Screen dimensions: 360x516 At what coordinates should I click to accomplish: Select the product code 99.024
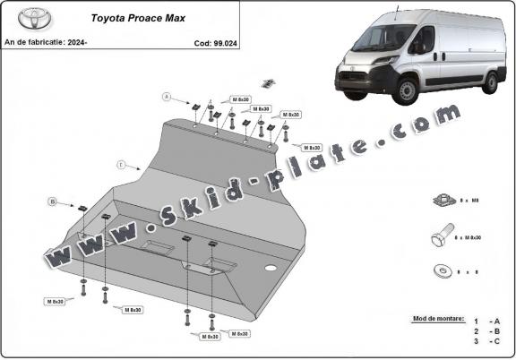(x=213, y=42)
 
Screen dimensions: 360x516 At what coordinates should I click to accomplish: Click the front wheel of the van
(x=408, y=90)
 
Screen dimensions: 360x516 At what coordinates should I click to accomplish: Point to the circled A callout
(x=166, y=96)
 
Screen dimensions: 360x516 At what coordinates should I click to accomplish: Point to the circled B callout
(x=53, y=201)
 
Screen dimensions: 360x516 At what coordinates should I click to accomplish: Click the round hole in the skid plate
(x=270, y=269)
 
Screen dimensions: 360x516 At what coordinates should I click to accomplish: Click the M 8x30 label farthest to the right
(x=310, y=147)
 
